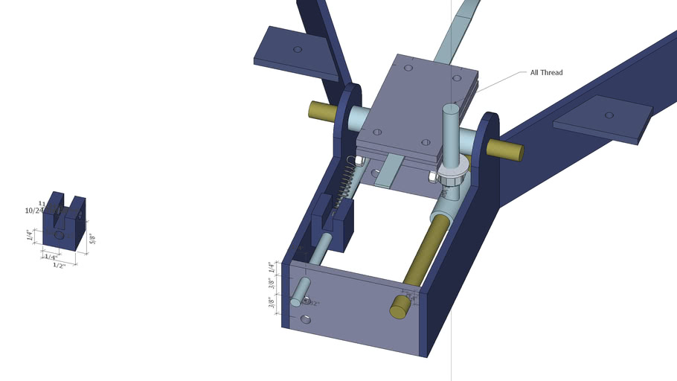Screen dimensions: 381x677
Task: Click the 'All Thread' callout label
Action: point(546,73)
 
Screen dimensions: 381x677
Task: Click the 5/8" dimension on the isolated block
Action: point(93,239)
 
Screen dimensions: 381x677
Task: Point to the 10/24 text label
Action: point(34,211)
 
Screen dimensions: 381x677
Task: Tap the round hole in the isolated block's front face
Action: point(59,235)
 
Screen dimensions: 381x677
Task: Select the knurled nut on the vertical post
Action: point(452,176)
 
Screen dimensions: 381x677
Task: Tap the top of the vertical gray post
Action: point(452,109)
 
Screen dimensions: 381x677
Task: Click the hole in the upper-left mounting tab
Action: point(298,49)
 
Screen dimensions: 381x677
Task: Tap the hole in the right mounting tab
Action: point(609,115)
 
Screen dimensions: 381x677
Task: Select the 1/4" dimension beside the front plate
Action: point(272,267)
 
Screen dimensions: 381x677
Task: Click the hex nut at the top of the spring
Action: point(356,160)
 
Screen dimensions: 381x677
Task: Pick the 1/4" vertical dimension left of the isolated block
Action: point(31,235)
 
